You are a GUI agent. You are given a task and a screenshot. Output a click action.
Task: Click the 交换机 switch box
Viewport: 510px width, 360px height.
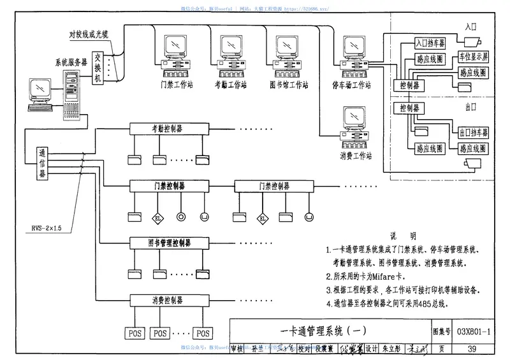click(98, 67)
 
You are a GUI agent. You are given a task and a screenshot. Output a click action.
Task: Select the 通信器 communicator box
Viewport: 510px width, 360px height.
click(41, 165)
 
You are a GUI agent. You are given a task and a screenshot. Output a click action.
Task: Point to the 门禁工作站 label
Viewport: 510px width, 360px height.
click(177, 83)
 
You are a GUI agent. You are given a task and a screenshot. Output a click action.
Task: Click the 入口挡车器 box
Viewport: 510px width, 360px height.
click(430, 43)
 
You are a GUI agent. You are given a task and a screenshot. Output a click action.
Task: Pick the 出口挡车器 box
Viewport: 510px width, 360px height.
click(473, 133)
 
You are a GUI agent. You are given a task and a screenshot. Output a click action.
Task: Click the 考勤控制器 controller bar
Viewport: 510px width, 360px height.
click(168, 128)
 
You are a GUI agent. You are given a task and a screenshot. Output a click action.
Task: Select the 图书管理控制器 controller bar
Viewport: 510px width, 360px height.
click(168, 243)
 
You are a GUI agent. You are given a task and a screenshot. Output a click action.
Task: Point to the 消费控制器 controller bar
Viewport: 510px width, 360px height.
click(168, 299)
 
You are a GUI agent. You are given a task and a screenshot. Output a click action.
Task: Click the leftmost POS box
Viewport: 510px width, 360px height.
click(135, 333)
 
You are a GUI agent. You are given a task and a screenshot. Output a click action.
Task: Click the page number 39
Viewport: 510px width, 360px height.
click(472, 349)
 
